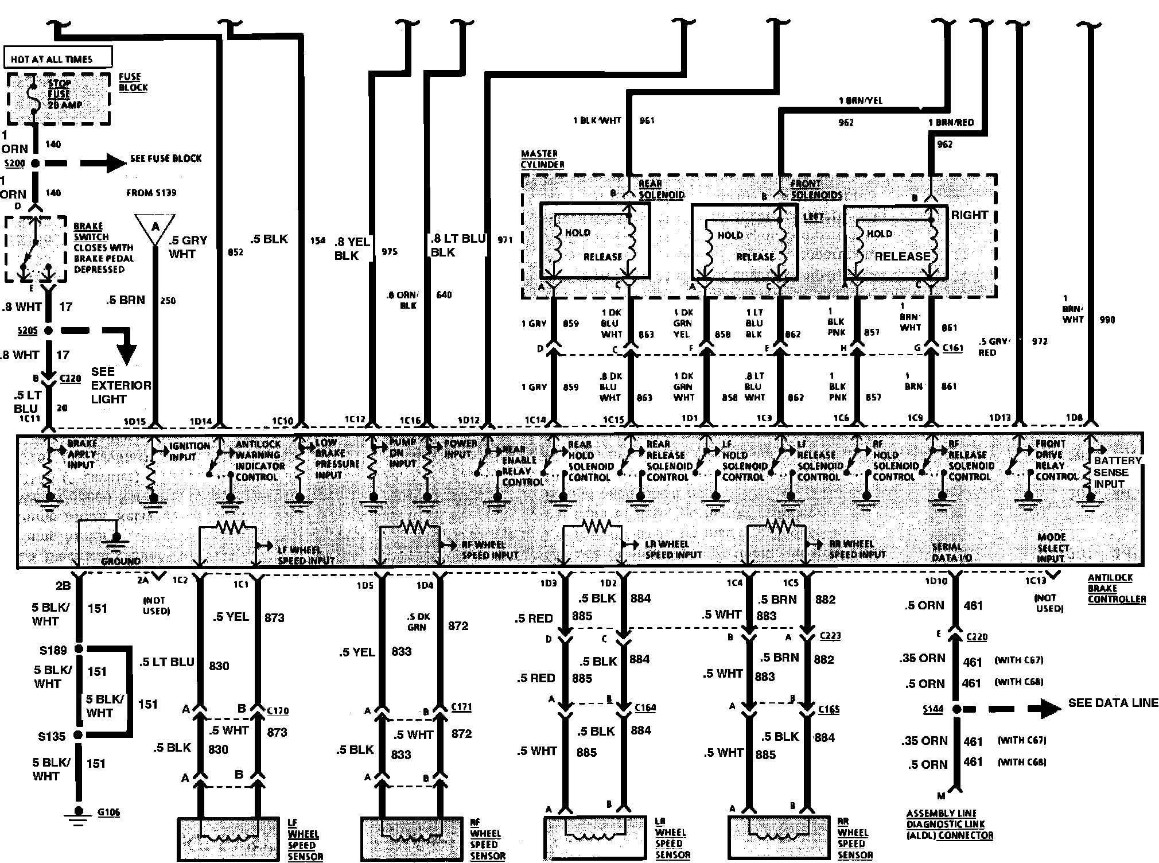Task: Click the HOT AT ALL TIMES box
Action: [x=57, y=58]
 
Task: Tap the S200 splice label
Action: [x=14, y=164]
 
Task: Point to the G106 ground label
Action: [x=108, y=812]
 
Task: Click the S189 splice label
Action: [x=53, y=650]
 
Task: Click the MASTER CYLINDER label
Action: [x=542, y=159]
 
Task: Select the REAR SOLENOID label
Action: [x=661, y=189]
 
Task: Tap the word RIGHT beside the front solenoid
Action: [x=970, y=215]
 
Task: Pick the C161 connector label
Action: [x=952, y=348]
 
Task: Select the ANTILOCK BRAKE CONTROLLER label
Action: [x=1117, y=588]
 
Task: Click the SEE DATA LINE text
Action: [x=1113, y=703]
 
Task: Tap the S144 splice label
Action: [x=933, y=709]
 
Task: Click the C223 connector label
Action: [x=831, y=636]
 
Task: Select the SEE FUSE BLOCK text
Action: [x=166, y=158]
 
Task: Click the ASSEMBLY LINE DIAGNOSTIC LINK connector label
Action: [x=949, y=824]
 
